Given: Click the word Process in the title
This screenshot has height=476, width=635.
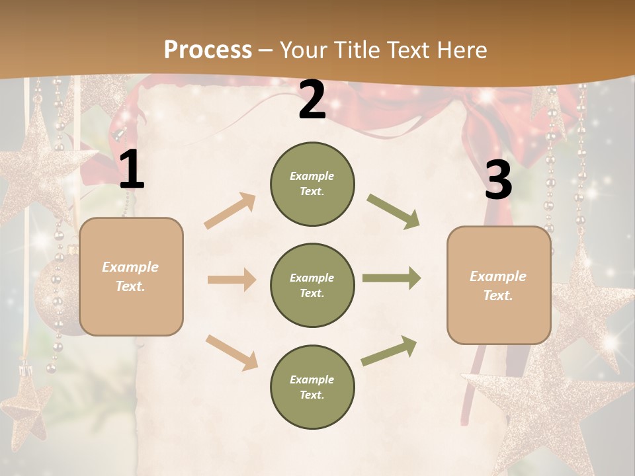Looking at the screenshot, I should (x=208, y=50).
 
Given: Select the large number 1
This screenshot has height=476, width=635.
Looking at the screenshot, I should (x=132, y=170).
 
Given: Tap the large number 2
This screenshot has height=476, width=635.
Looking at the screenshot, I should (x=312, y=100).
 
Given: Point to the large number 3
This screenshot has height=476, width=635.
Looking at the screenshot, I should (x=498, y=180).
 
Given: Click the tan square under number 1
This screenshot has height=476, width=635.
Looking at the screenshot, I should (x=131, y=276).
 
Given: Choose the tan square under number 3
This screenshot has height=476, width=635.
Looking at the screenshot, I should (x=499, y=285).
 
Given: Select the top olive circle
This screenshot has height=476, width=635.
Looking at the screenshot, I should (x=312, y=184).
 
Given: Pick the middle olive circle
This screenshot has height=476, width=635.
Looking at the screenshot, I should (x=312, y=285).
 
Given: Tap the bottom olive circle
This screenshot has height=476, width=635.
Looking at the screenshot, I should (x=312, y=387).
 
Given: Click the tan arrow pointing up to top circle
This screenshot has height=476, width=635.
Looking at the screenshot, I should (x=230, y=210).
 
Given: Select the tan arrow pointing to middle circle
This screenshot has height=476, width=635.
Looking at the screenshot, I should (x=232, y=280).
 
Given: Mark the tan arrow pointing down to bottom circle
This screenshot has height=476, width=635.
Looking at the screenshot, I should (x=232, y=352).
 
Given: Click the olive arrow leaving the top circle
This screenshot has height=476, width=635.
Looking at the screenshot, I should (x=393, y=211).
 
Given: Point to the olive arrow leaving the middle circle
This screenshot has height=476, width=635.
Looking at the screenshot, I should (x=392, y=278).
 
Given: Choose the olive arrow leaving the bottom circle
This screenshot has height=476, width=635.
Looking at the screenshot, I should (x=390, y=350).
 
